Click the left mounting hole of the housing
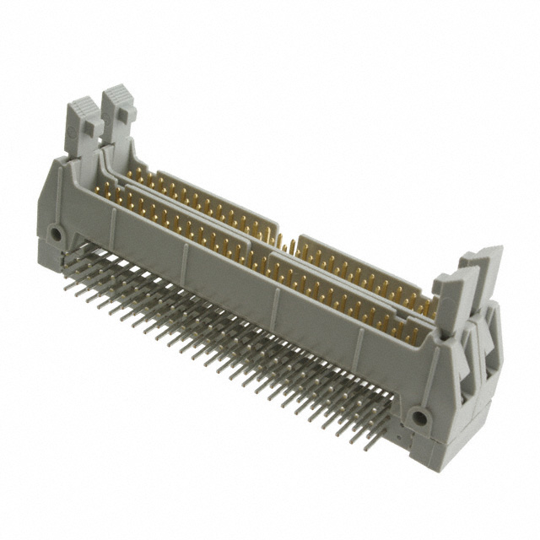pos(56,232)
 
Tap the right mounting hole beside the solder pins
pos(417,417)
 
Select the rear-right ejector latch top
pos(485,257)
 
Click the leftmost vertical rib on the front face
pos(112,219)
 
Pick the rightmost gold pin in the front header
pos(413,333)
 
